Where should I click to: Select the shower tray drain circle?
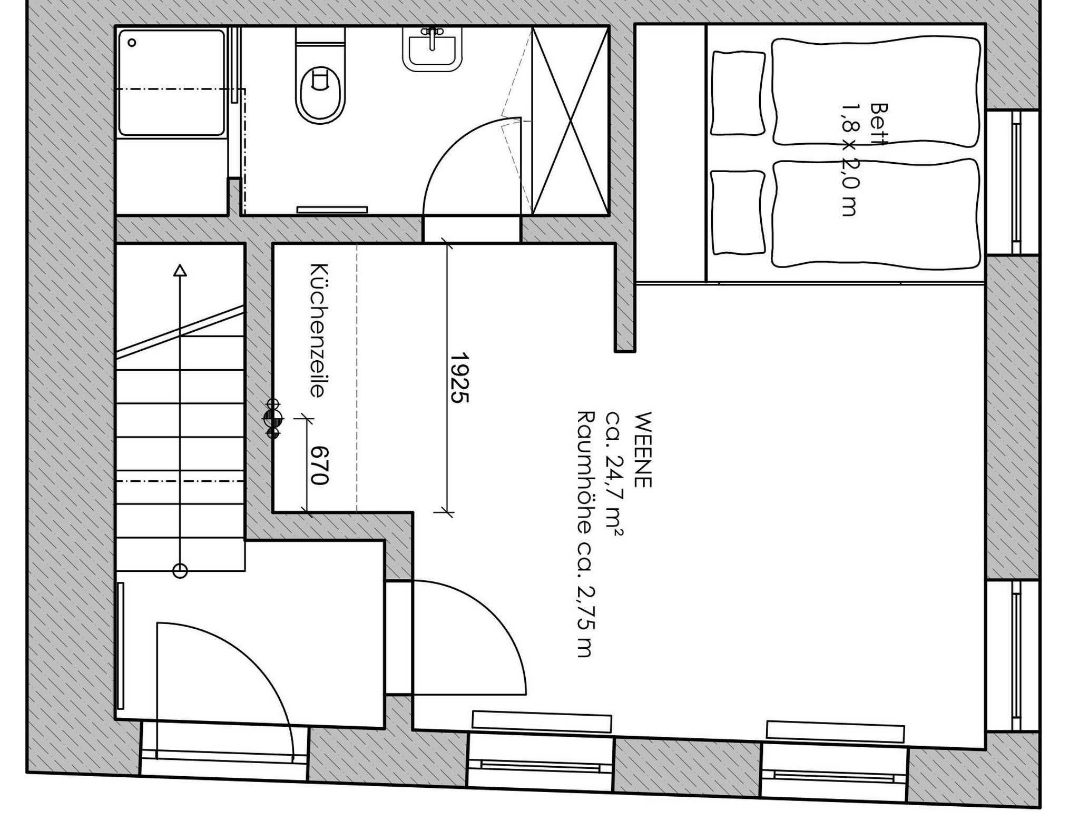132,43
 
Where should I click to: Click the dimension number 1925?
459,378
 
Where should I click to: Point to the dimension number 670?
319,466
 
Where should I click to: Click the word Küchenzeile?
318,331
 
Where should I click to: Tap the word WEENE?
643,450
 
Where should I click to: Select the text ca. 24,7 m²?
614,474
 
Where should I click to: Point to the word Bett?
879,124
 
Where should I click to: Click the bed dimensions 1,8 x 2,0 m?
849,160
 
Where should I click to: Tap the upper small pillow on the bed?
738,93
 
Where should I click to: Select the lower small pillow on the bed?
738,212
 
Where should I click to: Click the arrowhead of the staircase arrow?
180,270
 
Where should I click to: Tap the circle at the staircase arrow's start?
180,570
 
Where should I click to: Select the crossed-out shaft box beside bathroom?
571,121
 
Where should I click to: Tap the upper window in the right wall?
1012,183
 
